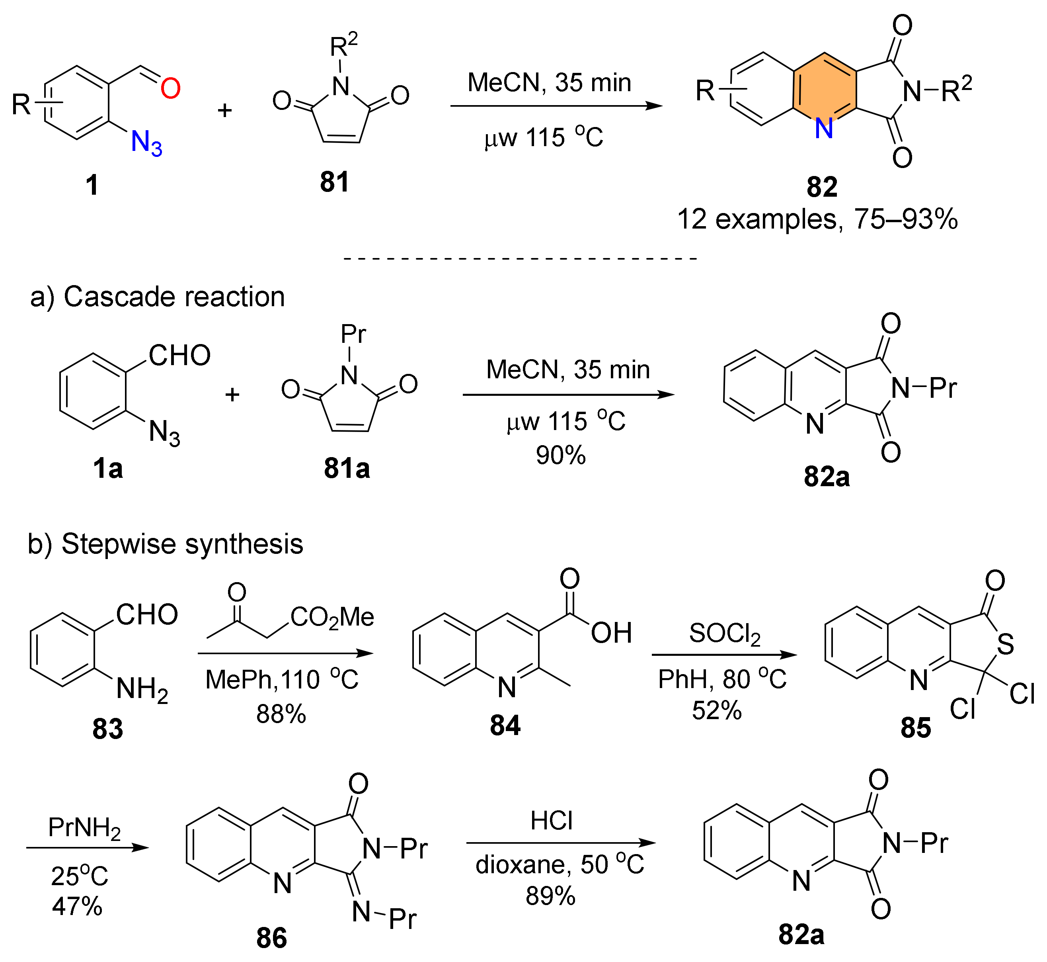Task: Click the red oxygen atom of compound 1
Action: click(x=170, y=88)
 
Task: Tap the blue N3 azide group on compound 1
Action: click(x=146, y=143)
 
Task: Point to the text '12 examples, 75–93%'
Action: click(x=817, y=219)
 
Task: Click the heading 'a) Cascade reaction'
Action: click(x=158, y=297)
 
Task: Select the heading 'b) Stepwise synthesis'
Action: click(x=166, y=544)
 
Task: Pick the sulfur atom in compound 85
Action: click(x=1005, y=645)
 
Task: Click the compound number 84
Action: click(x=505, y=725)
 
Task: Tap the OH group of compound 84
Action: click(x=611, y=633)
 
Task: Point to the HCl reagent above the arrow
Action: click(x=551, y=821)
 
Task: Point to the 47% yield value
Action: click(x=77, y=906)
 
